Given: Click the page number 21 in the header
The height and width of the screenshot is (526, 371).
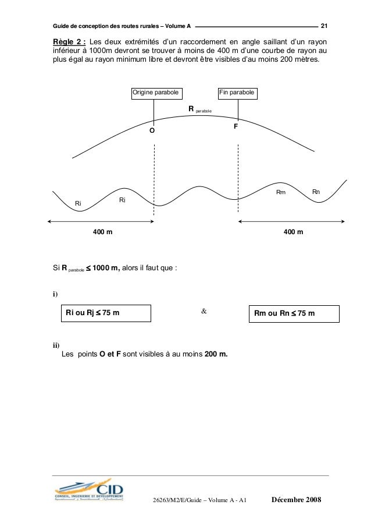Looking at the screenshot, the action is point(324,26).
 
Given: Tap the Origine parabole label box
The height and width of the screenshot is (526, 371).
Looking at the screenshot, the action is point(155,93).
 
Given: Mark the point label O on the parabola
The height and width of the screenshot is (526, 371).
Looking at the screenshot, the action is point(152,132).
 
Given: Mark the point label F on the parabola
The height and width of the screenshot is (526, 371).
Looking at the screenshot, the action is point(236,126).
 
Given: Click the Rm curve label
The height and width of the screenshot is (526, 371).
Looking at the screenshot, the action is point(280,192).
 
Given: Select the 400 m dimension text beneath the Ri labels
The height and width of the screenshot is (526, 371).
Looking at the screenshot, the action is point(103,232).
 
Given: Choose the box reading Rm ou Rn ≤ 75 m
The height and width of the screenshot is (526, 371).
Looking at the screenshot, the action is point(294,313).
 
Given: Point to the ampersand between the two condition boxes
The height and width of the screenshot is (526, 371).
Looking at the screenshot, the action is point(204,312).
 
